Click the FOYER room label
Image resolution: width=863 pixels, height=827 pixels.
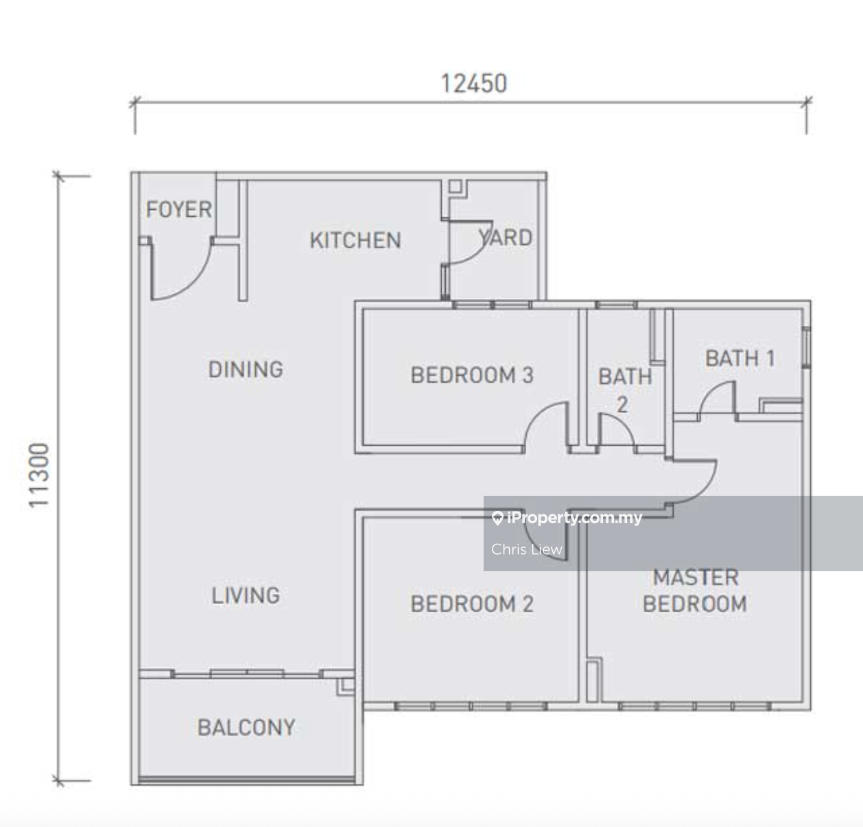179,209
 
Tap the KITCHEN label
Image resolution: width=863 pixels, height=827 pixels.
355,241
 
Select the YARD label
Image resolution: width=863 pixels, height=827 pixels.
506,237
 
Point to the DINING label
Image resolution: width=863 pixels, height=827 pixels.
246,369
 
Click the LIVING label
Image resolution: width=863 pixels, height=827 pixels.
246,595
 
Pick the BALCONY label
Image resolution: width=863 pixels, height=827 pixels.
246,728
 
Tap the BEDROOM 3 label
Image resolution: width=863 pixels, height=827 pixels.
472,375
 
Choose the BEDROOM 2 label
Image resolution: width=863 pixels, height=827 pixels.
472,603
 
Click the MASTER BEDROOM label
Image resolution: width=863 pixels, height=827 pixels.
695,590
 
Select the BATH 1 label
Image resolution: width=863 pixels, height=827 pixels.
740,358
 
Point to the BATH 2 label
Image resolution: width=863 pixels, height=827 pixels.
625,390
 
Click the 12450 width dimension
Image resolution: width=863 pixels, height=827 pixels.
473,84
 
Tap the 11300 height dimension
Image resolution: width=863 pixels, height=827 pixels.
38,475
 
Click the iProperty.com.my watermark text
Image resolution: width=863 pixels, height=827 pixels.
567,518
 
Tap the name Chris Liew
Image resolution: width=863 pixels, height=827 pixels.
526,549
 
